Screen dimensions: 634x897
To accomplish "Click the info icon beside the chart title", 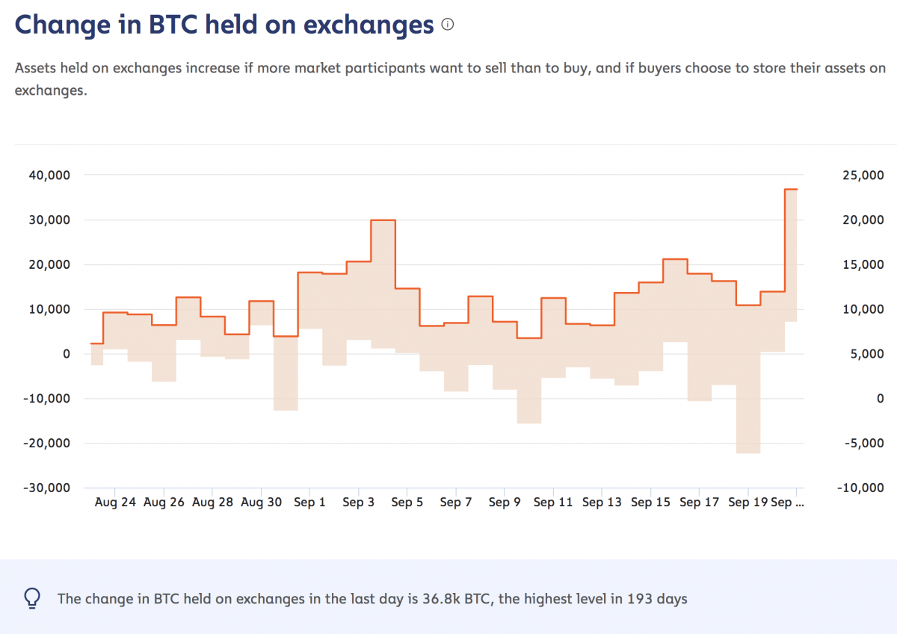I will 448,25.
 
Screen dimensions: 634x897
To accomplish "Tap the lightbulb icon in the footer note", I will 32,598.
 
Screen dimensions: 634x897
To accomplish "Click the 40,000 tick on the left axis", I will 49,175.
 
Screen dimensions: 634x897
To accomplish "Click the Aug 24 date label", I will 115,503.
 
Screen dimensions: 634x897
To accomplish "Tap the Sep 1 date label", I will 310,503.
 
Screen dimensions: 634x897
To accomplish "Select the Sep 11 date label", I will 553,503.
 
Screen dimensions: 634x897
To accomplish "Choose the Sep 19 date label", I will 748,503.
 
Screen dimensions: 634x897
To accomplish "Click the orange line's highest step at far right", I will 790,189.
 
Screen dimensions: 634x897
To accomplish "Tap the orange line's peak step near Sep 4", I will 383,220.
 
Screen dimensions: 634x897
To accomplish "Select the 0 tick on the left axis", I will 65,354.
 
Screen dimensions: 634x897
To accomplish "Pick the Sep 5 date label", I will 407,503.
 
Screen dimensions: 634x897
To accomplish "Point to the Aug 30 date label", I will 262,503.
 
